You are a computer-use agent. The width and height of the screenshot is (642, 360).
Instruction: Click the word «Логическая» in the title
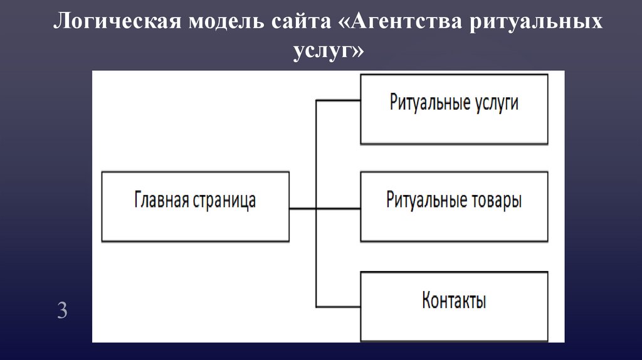click(x=117, y=21)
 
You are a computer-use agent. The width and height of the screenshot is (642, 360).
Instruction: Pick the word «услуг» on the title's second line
click(x=324, y=51)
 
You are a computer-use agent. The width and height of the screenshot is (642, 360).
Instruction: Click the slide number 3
click(x=62, y=310)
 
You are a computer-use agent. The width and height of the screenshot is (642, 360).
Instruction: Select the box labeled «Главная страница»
click(x=196, y=207)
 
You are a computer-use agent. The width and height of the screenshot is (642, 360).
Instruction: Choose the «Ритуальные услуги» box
click(x=454, y=109)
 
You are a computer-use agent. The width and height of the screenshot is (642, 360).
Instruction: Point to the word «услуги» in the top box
click(x=497, y=103)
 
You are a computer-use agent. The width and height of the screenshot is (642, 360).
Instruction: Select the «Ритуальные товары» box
click(x=454, y=207)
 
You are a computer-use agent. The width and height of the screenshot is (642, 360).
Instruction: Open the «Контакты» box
click(x=454, y=306)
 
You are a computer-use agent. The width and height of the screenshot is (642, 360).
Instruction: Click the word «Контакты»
click(x=454, y=300)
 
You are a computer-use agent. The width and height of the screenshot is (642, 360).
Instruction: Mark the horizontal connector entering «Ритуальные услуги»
click(x=338, y=100)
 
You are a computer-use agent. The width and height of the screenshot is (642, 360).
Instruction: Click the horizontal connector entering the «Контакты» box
click(x=338, y=307)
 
